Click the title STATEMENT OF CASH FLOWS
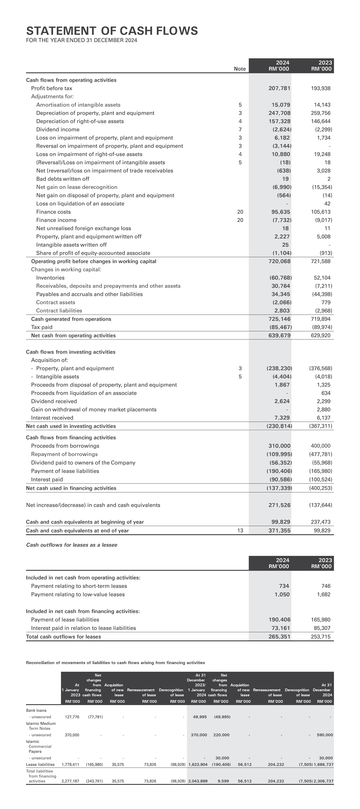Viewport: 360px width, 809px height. (x=112, y=31)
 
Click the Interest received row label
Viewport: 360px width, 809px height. (x=52, y=418)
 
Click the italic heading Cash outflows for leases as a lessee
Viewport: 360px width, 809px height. (x=72, y=545)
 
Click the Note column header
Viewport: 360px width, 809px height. (x=240, y=69)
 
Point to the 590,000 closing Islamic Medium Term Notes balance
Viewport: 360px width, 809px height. (x=325, y=735)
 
